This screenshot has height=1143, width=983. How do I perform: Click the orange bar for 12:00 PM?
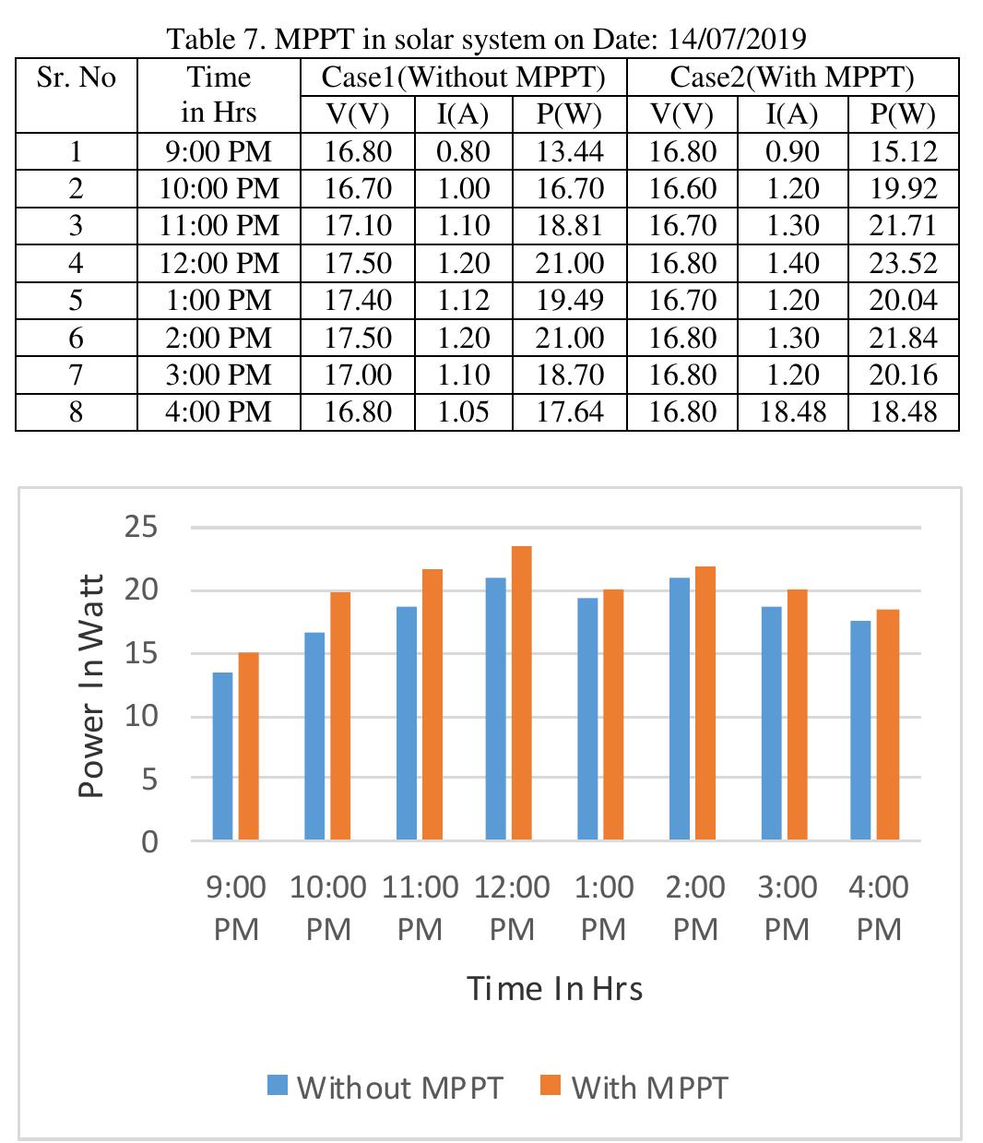pyautogui.click(x=521, y=693)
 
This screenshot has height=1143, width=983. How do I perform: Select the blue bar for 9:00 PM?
pyautogui.click(x=222, y=756)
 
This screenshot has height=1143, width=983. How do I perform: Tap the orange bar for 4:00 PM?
pyautogui.click(x=888, y=724)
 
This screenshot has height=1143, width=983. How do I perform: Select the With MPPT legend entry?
pyautogui.click(x=634, y=1087)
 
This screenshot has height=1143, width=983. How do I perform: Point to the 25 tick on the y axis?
pyautogui.click(x=141, y=528)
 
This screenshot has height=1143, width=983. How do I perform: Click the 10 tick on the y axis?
pyautogui.click(x=141, y=716)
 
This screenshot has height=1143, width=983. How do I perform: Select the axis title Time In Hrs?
pyautogui.click(x=554, y=988)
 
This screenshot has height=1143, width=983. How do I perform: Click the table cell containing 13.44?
pyautogui.click(x=569, y=151)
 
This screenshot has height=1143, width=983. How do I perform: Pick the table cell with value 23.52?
pyautogui.click(x=903, y=263)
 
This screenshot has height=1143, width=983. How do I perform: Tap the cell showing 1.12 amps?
pyautogui.click(x=463, y=300)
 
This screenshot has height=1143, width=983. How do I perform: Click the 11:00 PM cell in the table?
pyautogui.click(x=219, y=226)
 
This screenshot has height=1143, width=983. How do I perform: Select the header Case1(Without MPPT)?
pyautogui.click(x=463, y=77)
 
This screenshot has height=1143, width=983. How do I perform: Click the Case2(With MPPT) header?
pyautogui.click(x=792, y=77)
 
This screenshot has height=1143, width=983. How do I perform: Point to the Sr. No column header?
pyautogui.click(x=77, y=77)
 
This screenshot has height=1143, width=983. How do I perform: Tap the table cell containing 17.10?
pyautogui.click(x=358, y=226)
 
